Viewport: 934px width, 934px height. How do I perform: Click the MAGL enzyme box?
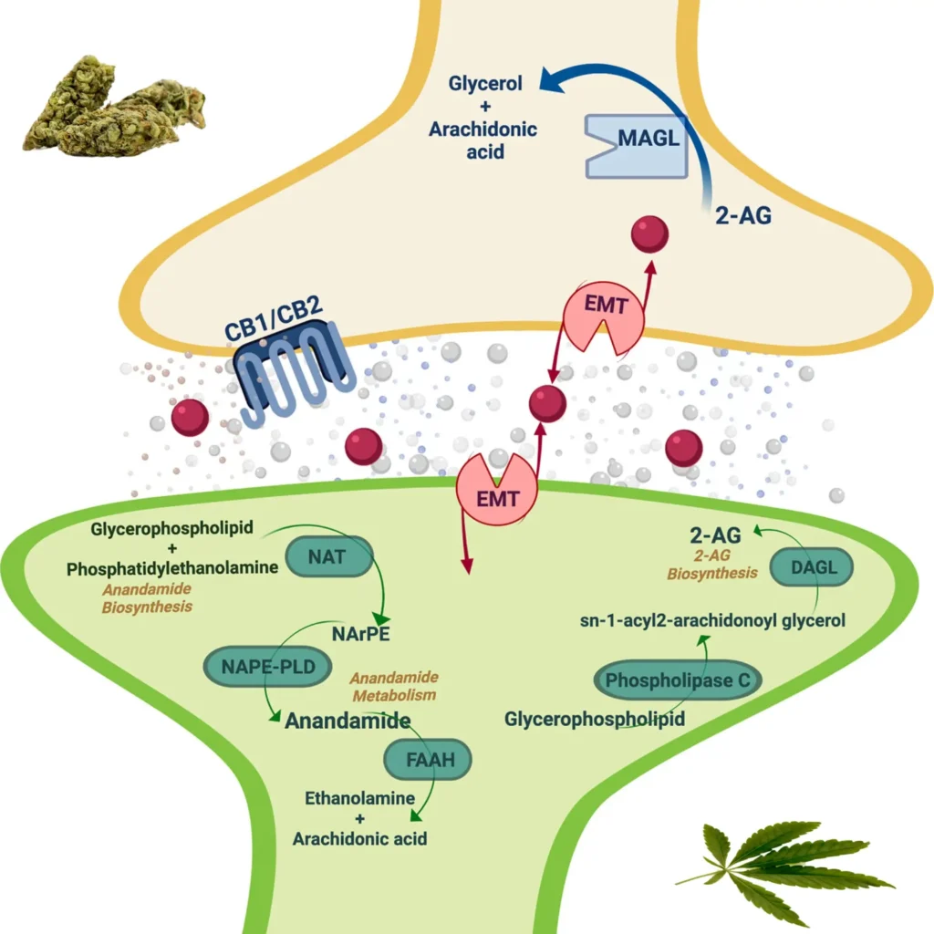click(x=637, y=146)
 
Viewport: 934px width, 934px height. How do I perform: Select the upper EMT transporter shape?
click(x=603, y=316)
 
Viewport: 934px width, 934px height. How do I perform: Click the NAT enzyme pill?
click(x=329, y=555)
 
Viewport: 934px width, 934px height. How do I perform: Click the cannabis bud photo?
click(x=114, y=108)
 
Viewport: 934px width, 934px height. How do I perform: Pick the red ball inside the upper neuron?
click(x=650, y=234)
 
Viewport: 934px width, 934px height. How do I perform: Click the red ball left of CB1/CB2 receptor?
click(x=190, y=418)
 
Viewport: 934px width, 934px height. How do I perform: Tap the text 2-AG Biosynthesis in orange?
click(x=711, y=565)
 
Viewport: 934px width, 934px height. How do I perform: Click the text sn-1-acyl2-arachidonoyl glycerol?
click(x=712, y=620)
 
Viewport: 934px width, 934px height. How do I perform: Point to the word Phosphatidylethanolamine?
click(x=172, y=568)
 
